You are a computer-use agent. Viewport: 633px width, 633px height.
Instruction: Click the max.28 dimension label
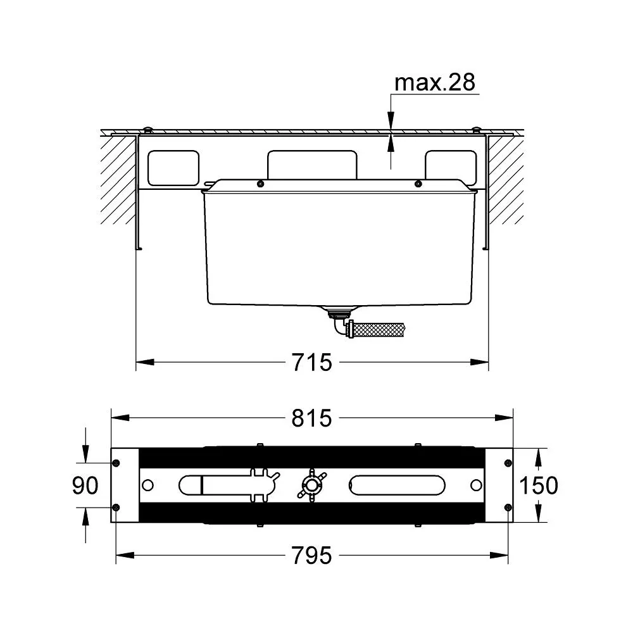[434, 82]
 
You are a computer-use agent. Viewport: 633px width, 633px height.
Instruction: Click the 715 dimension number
[311, 362]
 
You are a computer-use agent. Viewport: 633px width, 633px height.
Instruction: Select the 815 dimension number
[311, 418]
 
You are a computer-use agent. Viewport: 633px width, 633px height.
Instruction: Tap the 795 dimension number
[311, 556]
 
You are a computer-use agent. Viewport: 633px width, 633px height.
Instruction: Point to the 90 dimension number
[85, 485]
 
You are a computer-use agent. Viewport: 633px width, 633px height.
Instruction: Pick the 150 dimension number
[539, 485]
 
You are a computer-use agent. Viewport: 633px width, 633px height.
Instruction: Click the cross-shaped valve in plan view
[311, 485]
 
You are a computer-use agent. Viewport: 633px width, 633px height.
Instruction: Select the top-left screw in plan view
[116, 463]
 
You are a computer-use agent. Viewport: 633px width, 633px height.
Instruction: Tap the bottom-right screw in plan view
[508, 508]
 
